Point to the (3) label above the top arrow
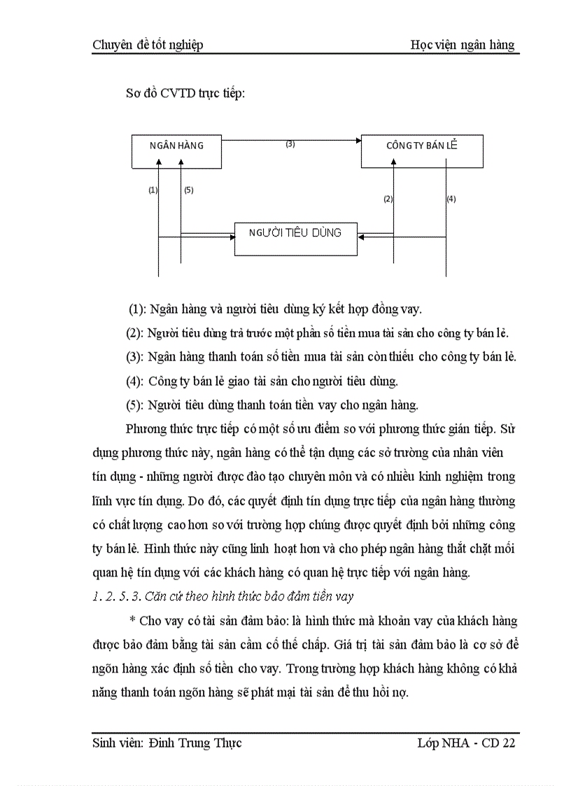pyautogui.click(x=290, y=144)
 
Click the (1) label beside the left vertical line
pyautogui.click(x=153, y=190)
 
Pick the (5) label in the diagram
pyautogui.click(x=188, y=190)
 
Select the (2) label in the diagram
pyautogui.click(x=388, y=199)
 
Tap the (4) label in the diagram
pyautogui.click(x=451, y=199)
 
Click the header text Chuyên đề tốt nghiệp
pyautogui.click(x=148, y=45)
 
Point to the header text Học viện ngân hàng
pyautogui.click(x=463, y=45)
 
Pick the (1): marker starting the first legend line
pyautogui.click(x=138, y=309)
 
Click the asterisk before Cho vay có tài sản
pyautogui.click(x=132, y=621)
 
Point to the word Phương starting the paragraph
pyautogui.click(x=146, y=429)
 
